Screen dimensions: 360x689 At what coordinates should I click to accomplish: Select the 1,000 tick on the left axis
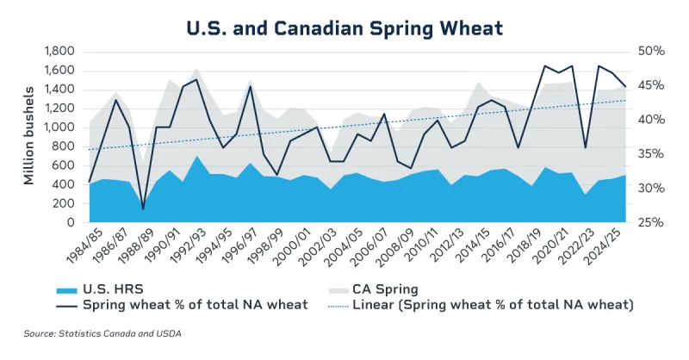coord(59,127)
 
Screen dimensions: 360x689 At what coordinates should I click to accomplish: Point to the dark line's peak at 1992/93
coord(196,79)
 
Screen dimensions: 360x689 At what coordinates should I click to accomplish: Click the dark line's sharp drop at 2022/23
coord(586,147)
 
